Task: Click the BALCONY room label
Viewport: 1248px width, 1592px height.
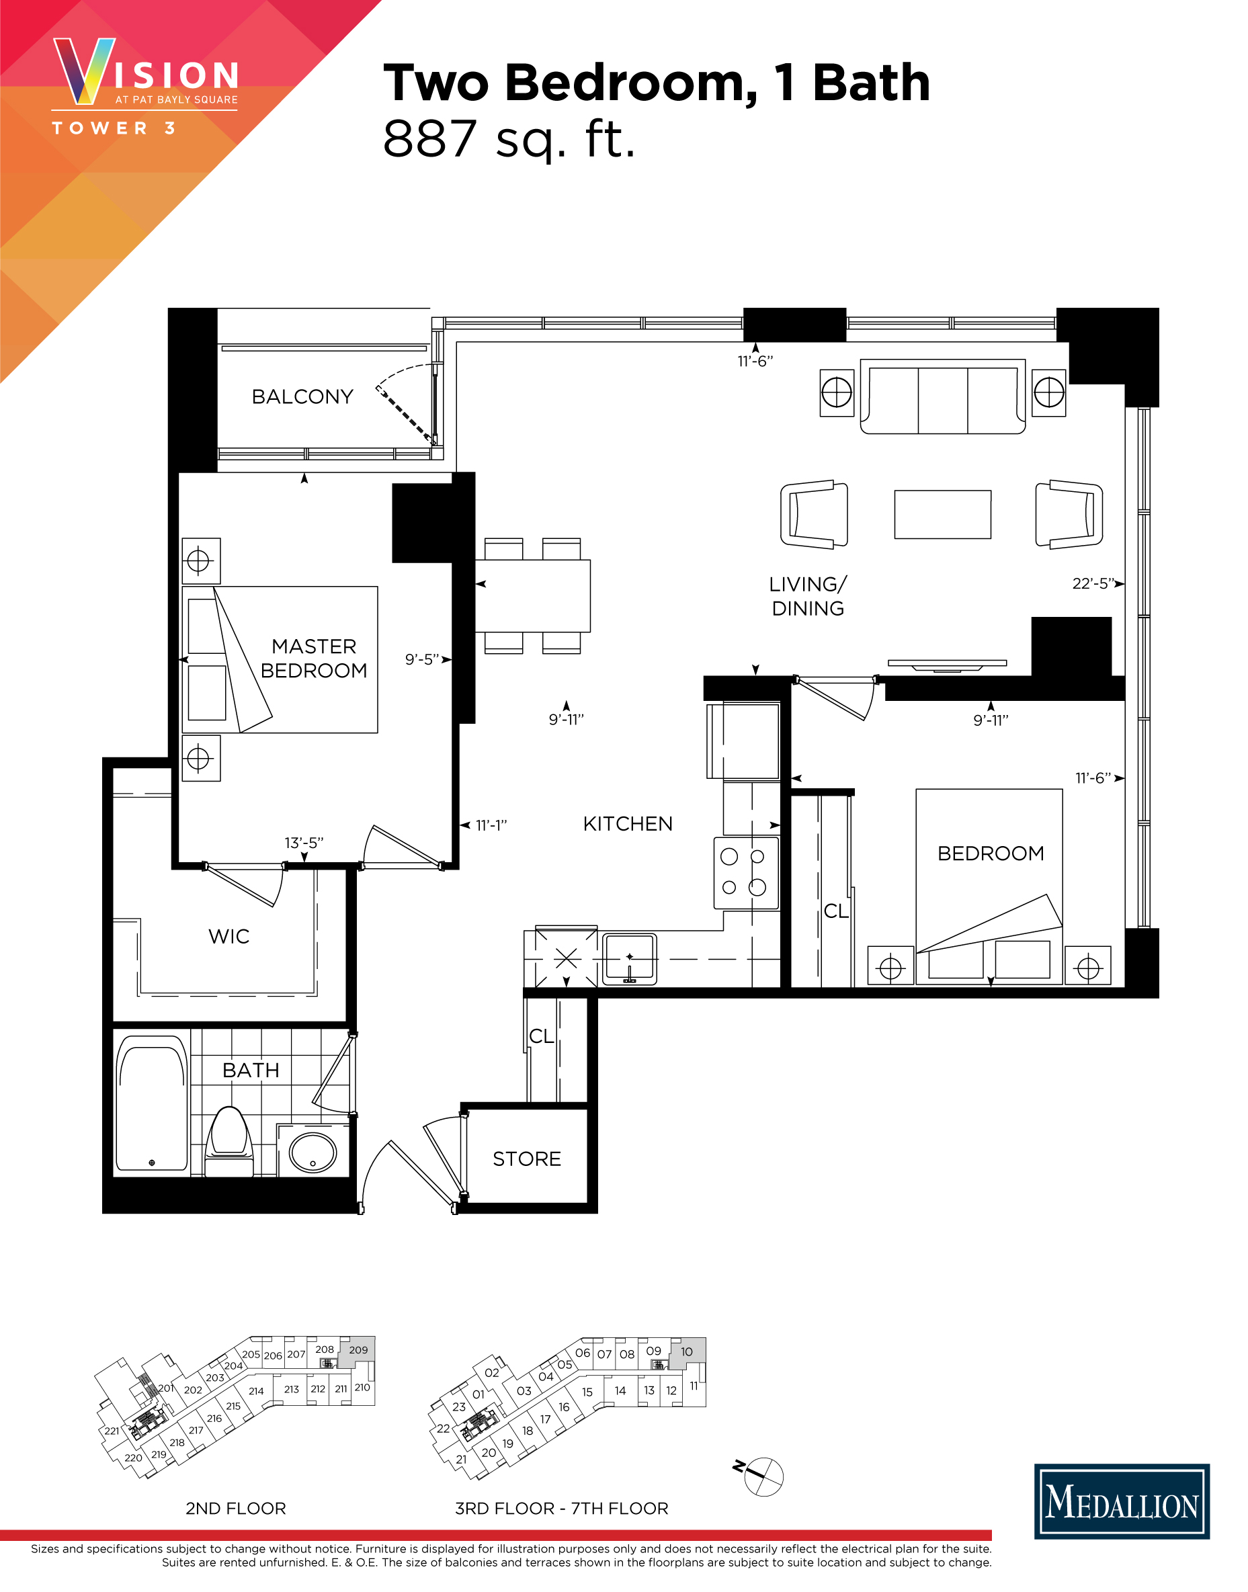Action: click(x=302, y=396)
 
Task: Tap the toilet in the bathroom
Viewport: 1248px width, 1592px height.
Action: click(x=228, y=1141)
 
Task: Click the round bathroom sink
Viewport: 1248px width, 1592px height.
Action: click(x=313, y=1153)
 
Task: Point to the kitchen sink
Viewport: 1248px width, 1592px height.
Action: click(x=630, y=958)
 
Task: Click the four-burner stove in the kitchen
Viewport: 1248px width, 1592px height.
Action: click(x=746, y=872)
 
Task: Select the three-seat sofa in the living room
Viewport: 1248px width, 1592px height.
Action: click(x=943, y=396)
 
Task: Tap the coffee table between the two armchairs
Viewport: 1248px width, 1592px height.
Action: click(x=943, y=514)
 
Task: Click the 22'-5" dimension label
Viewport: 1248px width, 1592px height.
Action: click(x=1093, y=584)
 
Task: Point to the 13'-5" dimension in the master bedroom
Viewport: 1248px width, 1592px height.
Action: click(x=304, y=843)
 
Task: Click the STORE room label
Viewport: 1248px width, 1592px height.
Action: click(x=527, y=1159)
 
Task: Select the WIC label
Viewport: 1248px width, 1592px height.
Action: click(x=228, y=937)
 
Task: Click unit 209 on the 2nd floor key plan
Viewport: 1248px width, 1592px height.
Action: click(x=359, y=1350)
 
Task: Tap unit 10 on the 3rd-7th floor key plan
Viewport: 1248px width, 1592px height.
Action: click(x=687, y=1352)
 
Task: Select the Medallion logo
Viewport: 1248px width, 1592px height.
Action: click(x=1122, y=1502)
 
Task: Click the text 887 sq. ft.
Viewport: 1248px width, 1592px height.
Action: click(x=509, y=139)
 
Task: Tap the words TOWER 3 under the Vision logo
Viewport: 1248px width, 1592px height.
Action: click(x=114, y=128)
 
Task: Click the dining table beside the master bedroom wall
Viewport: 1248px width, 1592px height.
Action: click(x=533, y=595)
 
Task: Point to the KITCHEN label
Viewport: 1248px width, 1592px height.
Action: click(x=628, y=824)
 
